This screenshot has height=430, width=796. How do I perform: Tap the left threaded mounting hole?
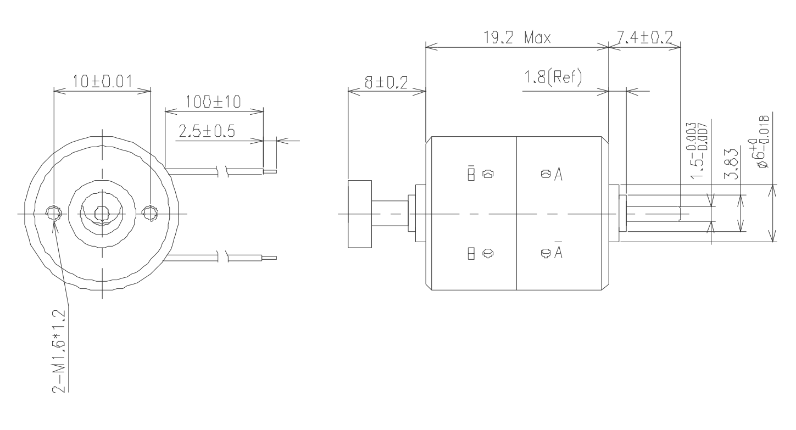54,213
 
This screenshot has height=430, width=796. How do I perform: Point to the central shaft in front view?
102,213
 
